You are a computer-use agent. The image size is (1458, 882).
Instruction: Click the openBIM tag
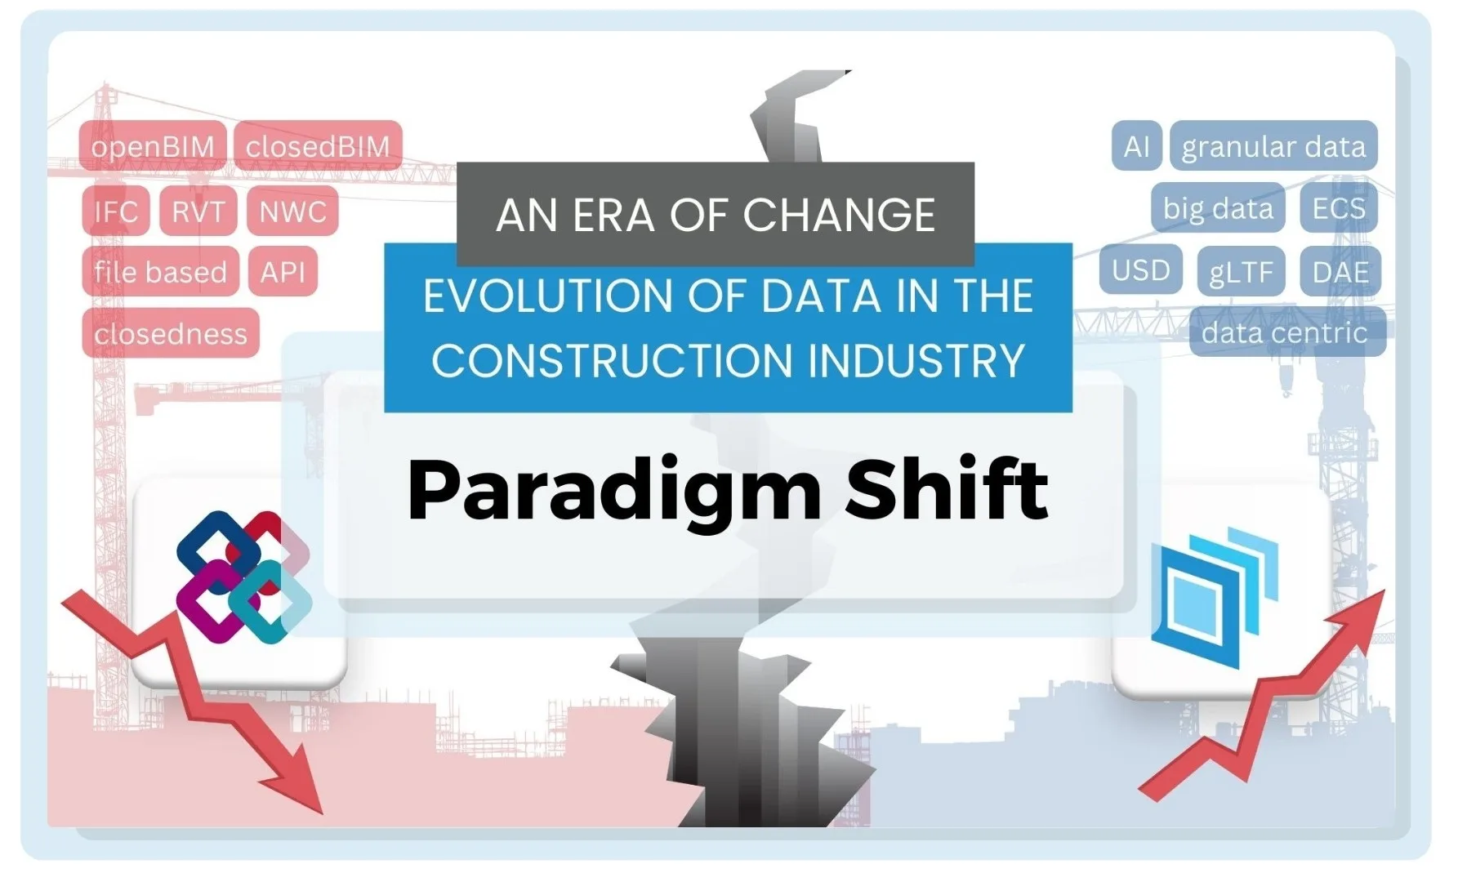pyautogui.click(x=153, y=147)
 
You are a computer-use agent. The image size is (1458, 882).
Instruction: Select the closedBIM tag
pyautogui.click(x=318, y=147)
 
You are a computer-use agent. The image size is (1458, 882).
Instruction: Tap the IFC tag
pyautogui.click(x=116, y=211)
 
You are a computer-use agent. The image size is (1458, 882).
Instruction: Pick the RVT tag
pyautogui.click(x=198, y=211)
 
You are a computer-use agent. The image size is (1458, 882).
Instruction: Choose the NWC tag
pyautogui.click(x=292, y=211)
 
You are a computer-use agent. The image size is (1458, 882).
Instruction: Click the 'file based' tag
pyautogui.click(x=160, y=271)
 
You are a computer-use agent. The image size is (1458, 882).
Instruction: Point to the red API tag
pyautogui.click(x=283, y=271)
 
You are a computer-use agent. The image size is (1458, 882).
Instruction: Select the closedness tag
pyautogui.click(x=171, y=333)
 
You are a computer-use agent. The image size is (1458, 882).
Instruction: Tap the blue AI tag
pyautogui.click(x=1136, y=146)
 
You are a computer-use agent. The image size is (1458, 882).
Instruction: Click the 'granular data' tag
pyautogui.click(x=1273, y=146)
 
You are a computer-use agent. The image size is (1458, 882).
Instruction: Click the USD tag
pyautogui.click(x=1141, y=269)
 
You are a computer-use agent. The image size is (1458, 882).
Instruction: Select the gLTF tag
pyautogui.click(x=1242, y=271)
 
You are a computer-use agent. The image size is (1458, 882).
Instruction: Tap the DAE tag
pyautogui.click(x=1340, y=271)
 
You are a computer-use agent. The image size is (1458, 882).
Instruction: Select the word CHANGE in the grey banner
pyautogui.click(x=839, y=215)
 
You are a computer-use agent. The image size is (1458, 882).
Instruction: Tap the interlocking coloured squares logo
pyautogui.click(x=244, y=577)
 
